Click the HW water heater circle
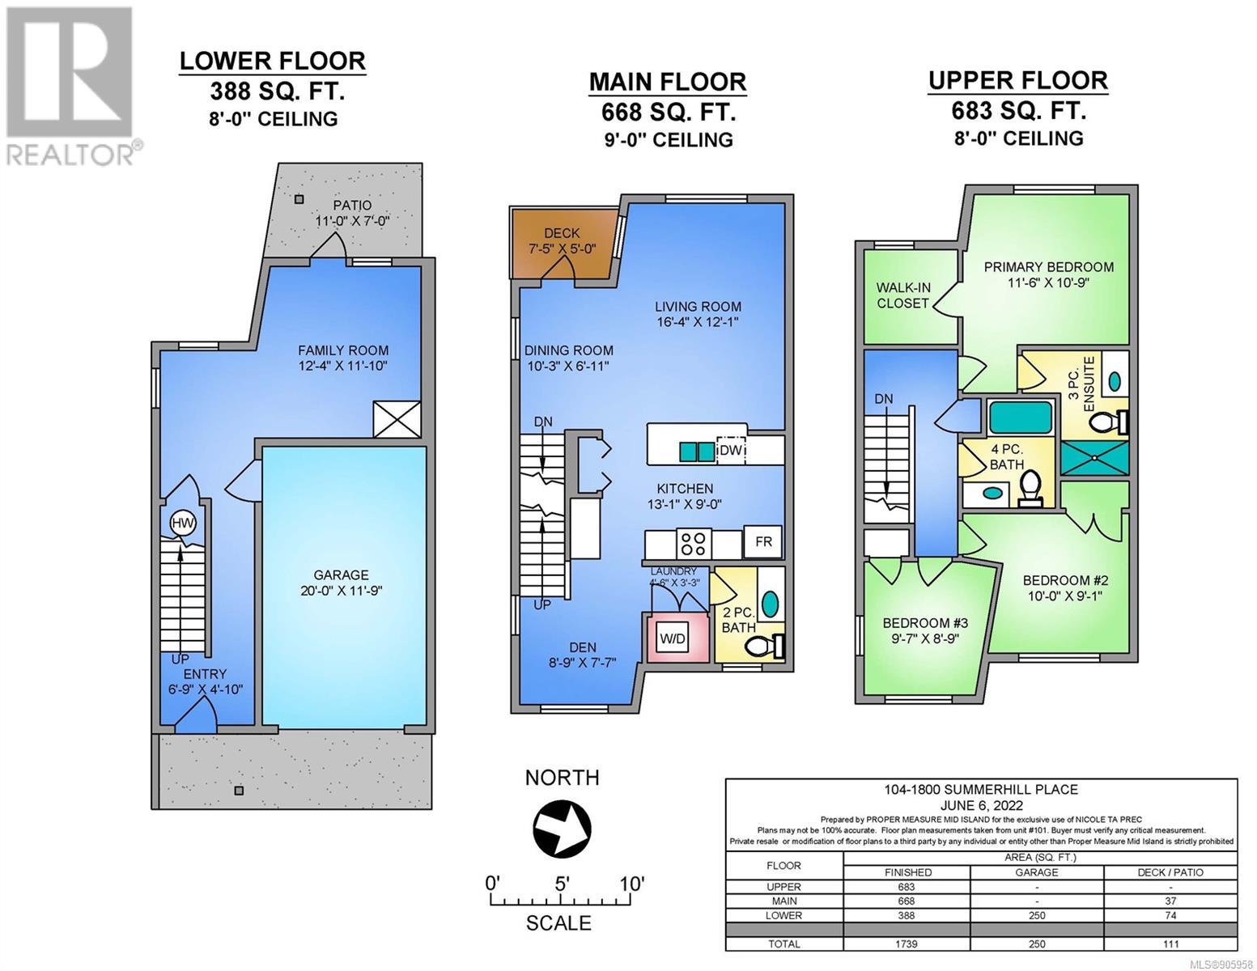point(183,524)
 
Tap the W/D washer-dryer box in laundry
point(673,638)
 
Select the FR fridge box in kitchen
point(763,542)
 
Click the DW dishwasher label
point(731,450)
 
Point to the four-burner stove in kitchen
point(694,545)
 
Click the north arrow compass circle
point(562,829)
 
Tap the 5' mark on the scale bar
point(562,884)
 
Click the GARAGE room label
point(341,575)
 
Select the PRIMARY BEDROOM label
point(1049,267)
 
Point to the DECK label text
point(562,233)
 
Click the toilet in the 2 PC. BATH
point(766,646)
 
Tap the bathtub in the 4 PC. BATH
point(1020,418)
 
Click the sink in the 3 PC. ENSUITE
point(1115,380)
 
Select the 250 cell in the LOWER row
point(1037,915)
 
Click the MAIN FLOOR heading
point(668,82)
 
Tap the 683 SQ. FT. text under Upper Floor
point(1019,111)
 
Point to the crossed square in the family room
point(397,419)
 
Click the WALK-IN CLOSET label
point(902,295)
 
